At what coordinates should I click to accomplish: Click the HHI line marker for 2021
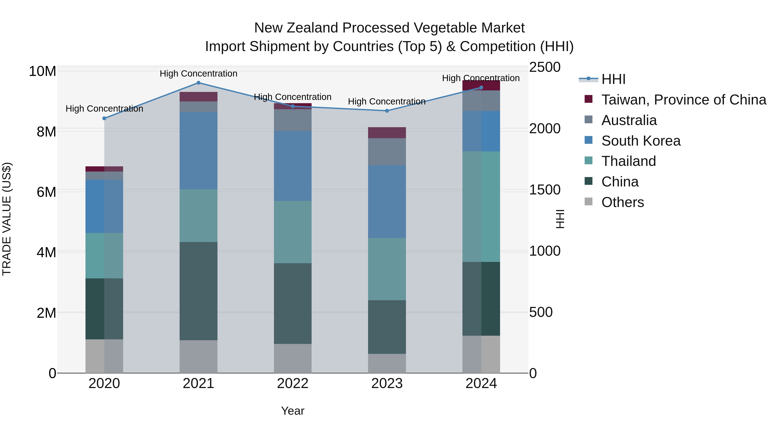pos(198,83)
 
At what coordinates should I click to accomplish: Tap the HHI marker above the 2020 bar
pos(104,119)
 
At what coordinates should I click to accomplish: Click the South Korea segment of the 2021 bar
pos(198,151)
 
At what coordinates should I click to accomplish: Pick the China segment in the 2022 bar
pos(293,303)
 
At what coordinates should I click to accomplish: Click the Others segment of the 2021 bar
pos(198,356)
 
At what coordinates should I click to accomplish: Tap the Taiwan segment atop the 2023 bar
pos(387,133)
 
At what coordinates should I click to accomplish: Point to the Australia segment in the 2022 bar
pos(293,120)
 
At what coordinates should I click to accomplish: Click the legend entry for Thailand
pos(628,161)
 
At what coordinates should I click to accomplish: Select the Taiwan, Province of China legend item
pos(683,100)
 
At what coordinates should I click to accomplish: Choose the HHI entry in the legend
pos(613,79)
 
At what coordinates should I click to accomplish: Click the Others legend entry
pos(622,202)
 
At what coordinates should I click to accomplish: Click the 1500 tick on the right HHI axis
pos(545,190)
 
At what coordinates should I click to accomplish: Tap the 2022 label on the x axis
pos(293,383)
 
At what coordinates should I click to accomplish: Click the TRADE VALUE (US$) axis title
pos(7,219)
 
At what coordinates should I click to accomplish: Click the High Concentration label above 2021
pos(198,74)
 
